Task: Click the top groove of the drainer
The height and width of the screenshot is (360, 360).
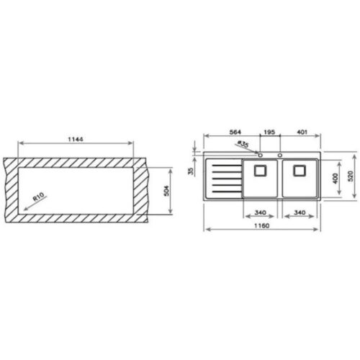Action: pos(222,165)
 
